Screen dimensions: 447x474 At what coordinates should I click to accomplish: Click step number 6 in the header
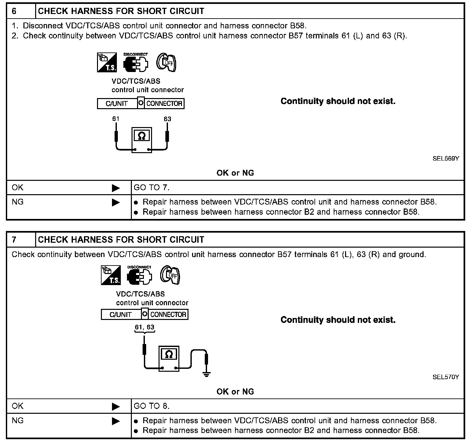[x=14, y=11]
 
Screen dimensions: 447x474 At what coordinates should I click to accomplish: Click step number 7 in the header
[x=14, y=240]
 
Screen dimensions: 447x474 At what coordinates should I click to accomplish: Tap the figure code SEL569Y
[x=446, y=159]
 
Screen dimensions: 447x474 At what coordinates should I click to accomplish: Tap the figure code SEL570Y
[x=446, y=377]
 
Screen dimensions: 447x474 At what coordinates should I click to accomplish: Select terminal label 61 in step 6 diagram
[x=116, y=119]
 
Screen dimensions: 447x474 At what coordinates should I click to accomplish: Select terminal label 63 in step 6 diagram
[x=167, y=119]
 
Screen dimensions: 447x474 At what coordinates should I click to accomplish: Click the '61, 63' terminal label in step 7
[x=145, y=327]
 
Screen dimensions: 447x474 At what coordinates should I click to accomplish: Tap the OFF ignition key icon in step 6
[x=166, y=62]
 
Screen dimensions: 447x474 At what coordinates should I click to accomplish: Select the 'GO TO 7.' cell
[x=152, y=188]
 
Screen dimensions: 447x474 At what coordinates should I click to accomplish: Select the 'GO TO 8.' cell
[x=152, y=406]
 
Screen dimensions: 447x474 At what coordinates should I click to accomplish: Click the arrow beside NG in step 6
[x=116, y=202]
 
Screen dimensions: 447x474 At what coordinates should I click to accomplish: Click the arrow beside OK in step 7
[x=116, y=407]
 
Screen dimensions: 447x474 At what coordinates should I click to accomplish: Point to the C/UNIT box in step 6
[x=117, y=104]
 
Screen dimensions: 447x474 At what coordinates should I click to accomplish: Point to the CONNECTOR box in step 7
[x=168, y=315]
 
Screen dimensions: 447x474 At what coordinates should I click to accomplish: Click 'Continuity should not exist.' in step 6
[x=338, y=101]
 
